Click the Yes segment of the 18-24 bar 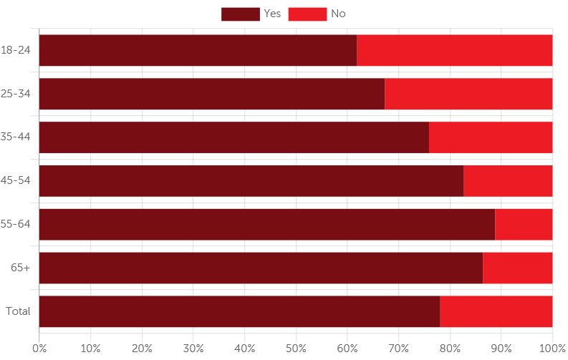(x=198, y=50)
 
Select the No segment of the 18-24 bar (x=455, y=50)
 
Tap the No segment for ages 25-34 (x=468, y=94)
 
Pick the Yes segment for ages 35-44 (x=234, y=137)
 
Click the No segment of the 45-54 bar (x=508, y=181)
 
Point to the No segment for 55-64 (x=524, y=225)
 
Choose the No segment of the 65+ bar (x=517, y=268)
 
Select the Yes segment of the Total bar (x=239, y=311)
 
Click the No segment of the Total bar (x=496, y=311)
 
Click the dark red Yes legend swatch (x=240, y=14)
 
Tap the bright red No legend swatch (x=307, y=14)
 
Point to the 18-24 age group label (x=16, y=50)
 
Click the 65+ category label (x=20, y=268)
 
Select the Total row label (x=18, y=311)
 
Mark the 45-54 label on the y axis (x=16, y=181)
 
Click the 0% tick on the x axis (x=39, y=349)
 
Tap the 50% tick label (x=296, y=349)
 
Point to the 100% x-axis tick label (x=552, y=349)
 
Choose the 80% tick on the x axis (x=450, y=349)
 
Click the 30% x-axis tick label (x=193, y=349)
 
